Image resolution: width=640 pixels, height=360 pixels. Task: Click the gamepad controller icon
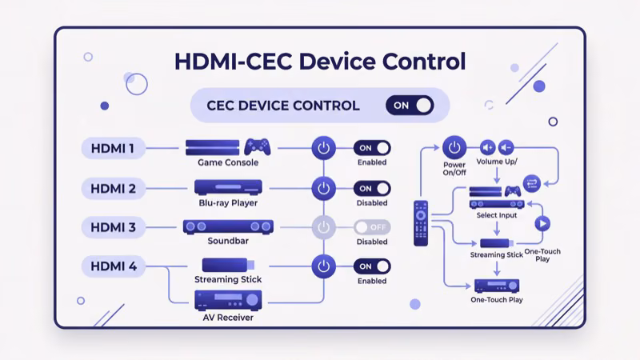(257, 147)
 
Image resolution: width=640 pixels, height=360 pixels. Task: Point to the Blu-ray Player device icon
(230, 187)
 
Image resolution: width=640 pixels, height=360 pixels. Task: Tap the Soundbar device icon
(229, 227)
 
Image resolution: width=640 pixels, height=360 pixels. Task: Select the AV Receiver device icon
(229, 299)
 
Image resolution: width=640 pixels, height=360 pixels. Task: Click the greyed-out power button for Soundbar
(322, 227)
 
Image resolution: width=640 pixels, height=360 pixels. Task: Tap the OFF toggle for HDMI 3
(373, 227)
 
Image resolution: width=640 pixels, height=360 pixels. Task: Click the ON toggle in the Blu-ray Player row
(373, 189)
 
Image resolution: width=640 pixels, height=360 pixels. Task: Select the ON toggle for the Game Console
(373, 149)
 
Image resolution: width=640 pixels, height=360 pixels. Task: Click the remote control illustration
(420, 223)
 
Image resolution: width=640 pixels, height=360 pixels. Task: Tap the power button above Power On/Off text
(454, 148)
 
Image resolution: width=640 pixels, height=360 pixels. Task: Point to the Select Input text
(497, 216)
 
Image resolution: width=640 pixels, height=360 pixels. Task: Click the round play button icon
(542, 223)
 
